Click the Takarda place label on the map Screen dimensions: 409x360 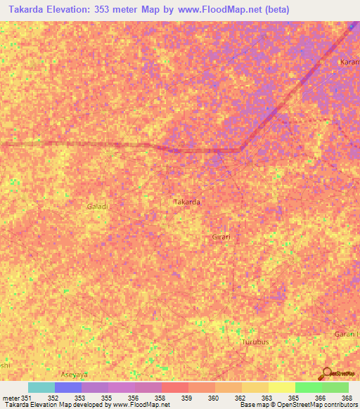[x=186, y=202]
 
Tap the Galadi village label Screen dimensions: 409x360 [x=97, y=207]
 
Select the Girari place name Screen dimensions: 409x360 [x=221, y=237]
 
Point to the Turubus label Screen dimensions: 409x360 [x=255, y=342]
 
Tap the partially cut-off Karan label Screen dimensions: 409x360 [x=349, y=62]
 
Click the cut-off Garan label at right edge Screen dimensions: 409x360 [x=347, y=335]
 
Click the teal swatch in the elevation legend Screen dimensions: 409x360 [x=41, y=387]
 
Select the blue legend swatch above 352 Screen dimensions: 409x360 [x=67, y=387]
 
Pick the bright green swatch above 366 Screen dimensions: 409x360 [x=308, y=387]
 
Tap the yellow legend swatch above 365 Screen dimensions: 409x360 [x=281, y=387]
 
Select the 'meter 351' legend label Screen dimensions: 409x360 [x=18, y=397]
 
